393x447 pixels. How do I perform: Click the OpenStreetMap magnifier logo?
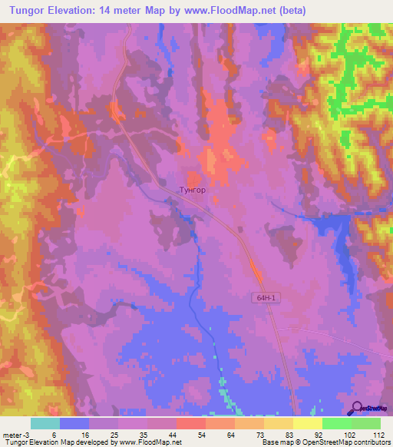pos(356,409)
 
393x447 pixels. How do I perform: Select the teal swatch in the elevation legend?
pos(45,423)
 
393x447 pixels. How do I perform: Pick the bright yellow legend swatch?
pos(307,423)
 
